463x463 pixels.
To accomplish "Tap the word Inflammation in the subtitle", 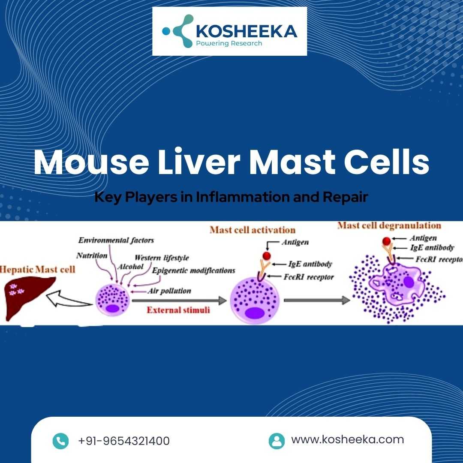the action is click(x=242, y=197).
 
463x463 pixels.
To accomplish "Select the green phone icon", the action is click(x=60, y=441).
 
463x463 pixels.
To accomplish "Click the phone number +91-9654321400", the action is click(x=124, y=441).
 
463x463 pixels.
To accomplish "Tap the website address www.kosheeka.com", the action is click(x=348, y=439).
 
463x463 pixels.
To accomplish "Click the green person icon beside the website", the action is click(x=277, y=441).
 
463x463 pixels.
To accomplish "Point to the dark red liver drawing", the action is click(x=28, y=297).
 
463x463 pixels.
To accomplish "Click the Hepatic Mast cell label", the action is click(x=37, y=269).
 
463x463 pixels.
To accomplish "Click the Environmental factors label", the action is click(x=116, y=240).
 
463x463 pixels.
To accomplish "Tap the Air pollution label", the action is click(x=169, y=291).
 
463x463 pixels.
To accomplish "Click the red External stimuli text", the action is click(x=178, y=310).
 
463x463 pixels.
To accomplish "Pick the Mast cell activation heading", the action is click(x=253, y=230).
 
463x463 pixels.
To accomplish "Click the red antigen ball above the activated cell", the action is click(x=266, y=256).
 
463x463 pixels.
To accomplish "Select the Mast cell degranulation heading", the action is click(x=389, y=225).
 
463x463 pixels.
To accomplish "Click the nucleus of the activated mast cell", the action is click(x=254, y=313).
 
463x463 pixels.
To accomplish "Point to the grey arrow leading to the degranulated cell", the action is click(x=317, y=300).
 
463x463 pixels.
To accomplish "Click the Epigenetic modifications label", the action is click(x=194, y=271).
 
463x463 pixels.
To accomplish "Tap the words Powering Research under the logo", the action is click(x=229, y=43).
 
